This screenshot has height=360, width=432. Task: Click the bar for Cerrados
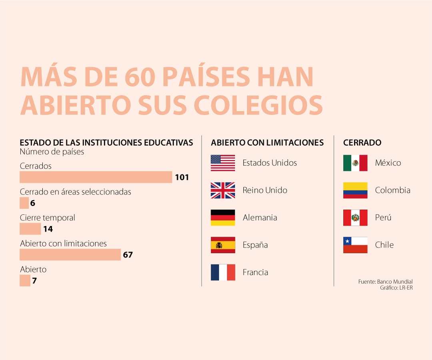[x=96, y=177]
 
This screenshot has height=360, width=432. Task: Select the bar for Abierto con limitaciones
[x=70, y=255]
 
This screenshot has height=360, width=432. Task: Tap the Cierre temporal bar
[x=30, y=229]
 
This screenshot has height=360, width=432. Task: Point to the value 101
[x=182, y=177]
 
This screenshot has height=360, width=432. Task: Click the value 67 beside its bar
[x=128, y=255]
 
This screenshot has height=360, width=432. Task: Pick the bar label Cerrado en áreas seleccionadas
[x=76, y=192]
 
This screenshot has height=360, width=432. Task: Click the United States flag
[x=223, y=163]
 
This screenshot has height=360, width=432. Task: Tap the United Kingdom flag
[x=223, y=190]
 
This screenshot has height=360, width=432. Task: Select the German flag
[x=223, y=218]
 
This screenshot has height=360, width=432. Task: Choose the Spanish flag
[x=223, y=245]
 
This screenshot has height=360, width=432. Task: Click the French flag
[x=223, y=272]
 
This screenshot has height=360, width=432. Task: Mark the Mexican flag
[x=355, y=163]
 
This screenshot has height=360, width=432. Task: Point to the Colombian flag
[x=355, y=190]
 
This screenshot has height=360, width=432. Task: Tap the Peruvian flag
[x=355, y=218]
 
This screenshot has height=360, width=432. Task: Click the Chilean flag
[x=355, y=245]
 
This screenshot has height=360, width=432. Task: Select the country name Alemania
[x=260, y=218]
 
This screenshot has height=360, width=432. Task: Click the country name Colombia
[x=393, y=190]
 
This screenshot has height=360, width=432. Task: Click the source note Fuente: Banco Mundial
[x=386, y=282]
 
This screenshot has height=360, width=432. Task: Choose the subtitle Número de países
[x=52, y=152]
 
